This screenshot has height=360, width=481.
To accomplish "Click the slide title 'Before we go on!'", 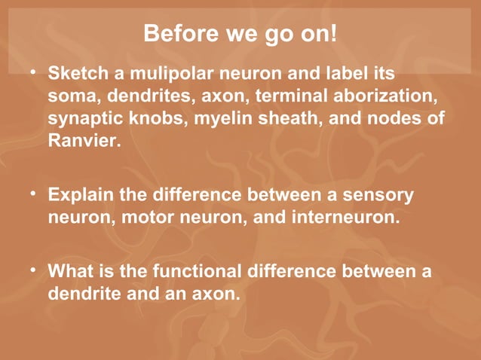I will pos(240,34).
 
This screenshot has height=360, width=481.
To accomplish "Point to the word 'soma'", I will pos(72,97).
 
